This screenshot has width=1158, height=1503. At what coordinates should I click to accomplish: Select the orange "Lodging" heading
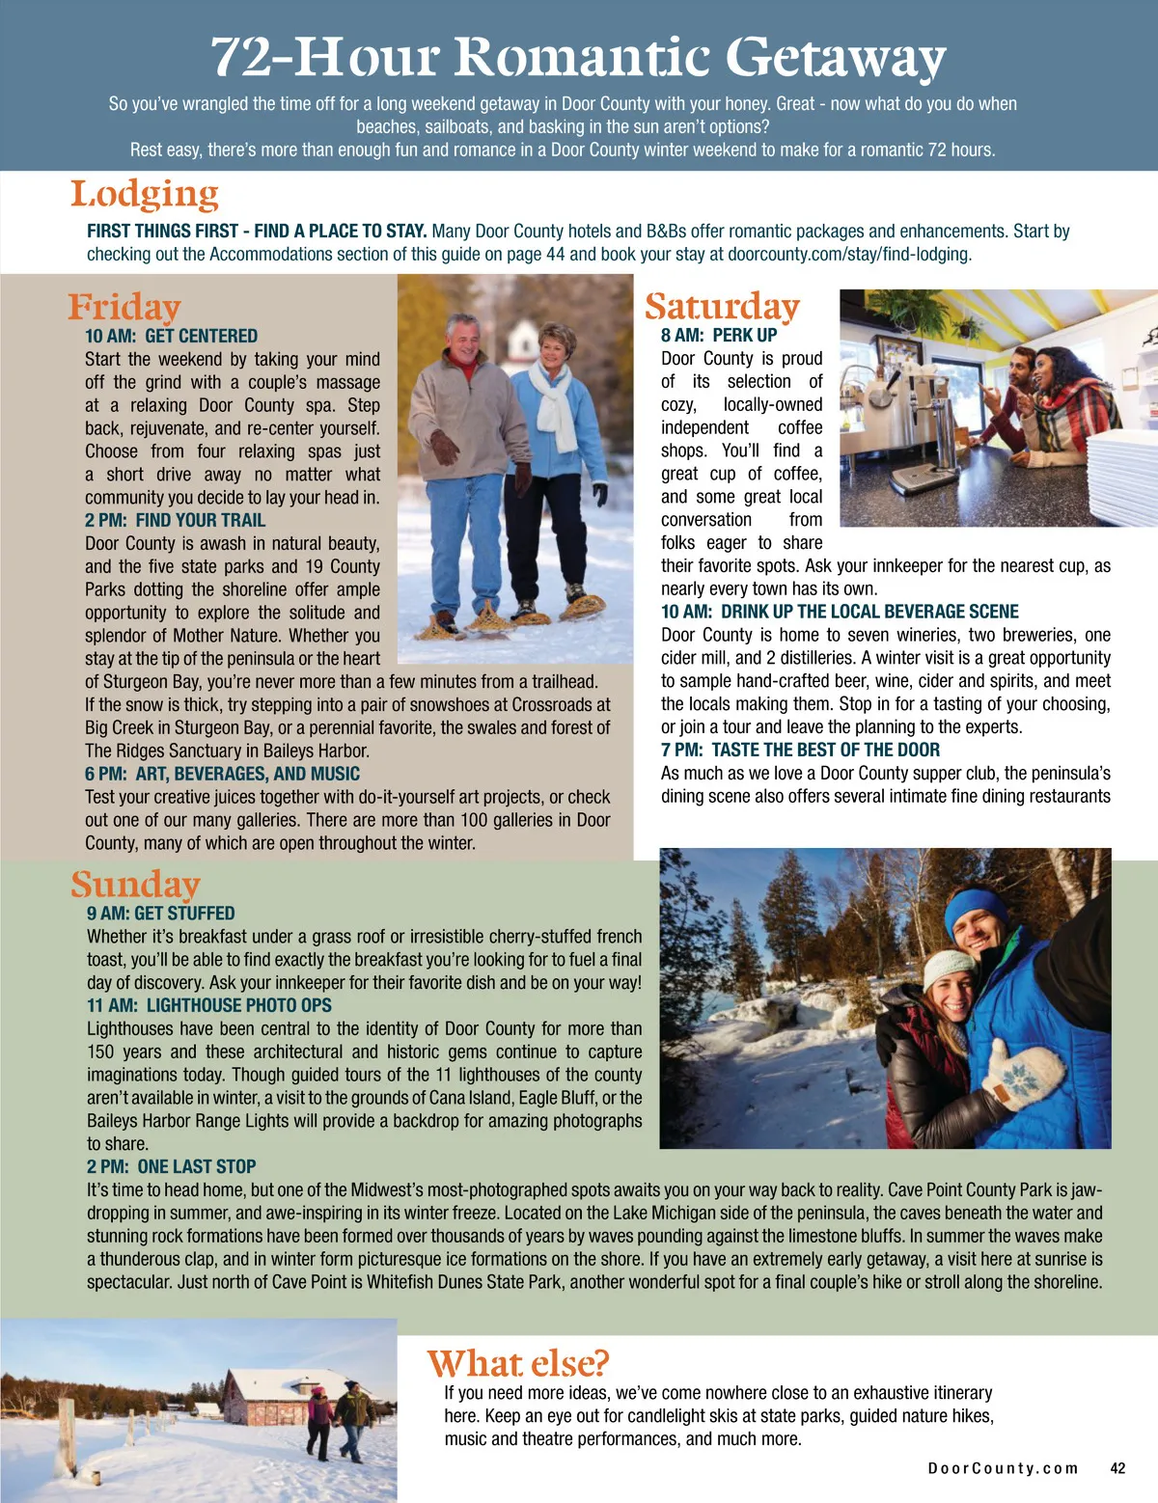(x=145, y=195)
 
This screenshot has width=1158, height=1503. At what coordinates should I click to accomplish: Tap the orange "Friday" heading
(x=124, y=307)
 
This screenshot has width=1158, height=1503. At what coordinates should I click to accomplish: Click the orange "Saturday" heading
(x=722, y=307)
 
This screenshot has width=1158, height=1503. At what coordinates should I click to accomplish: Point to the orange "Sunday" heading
(x=135, y=884)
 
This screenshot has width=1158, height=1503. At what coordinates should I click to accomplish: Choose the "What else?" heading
(x=518, y=1363)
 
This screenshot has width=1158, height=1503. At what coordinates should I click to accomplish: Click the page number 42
(x=1117, y=1468)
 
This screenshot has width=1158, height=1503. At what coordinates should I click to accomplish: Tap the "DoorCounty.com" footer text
(x=1002, y=1468)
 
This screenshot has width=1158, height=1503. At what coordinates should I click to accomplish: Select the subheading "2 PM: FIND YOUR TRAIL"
(x=175, y=520)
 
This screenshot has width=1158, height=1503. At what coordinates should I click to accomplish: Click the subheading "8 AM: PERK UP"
(x=719, y=335)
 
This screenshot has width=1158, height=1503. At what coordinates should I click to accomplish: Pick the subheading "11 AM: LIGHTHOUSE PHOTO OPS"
(x=209, y=1005)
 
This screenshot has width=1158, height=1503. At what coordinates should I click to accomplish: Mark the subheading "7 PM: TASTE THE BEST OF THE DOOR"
(x=800, y=750)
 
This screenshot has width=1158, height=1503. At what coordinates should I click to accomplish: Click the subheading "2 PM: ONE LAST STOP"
(x=172, y=1166)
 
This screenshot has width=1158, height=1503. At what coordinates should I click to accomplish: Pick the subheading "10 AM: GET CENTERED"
(x=172, y=336)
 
